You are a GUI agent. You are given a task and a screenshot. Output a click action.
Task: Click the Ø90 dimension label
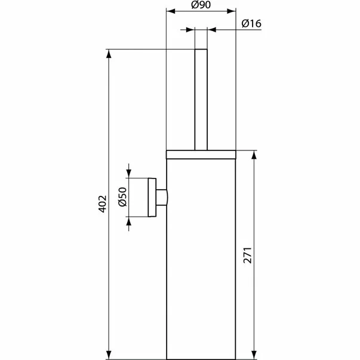tap(201, 5)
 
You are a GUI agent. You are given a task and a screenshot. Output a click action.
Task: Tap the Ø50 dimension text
tap(121, 196)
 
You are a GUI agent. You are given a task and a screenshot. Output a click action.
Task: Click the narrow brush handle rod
tap(201, 99)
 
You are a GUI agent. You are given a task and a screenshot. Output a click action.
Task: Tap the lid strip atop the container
tap(201, 154)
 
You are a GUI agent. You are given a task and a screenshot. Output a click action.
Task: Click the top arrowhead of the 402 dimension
tap(109, 53)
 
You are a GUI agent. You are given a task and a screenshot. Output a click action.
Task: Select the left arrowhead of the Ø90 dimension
tap(168, 11)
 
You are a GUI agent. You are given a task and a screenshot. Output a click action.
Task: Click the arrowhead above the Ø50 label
tap(129, 173)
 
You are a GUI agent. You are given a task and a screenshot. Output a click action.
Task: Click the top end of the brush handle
tap(201, 50)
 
